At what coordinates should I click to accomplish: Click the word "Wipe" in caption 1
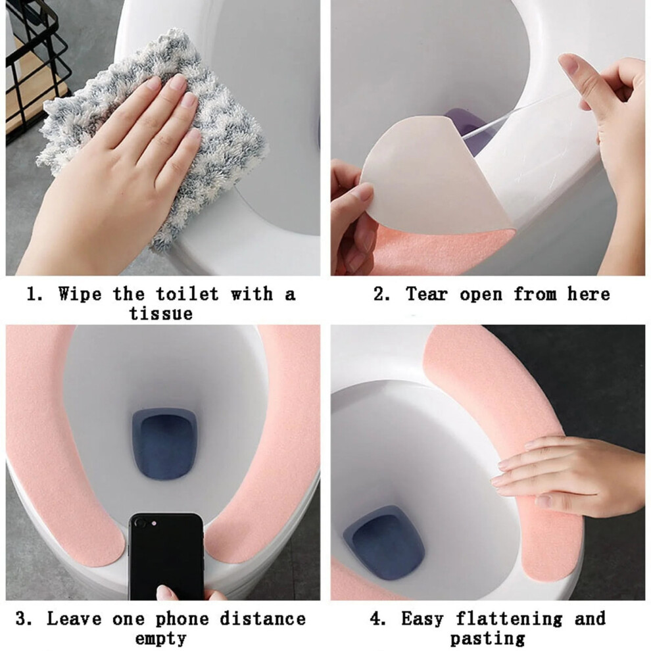(x=80, y=294)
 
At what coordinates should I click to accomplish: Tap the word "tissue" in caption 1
(x=160, y=313)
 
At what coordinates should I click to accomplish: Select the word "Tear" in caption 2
(x=427, y=294)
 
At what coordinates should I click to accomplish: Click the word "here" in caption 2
(x=589, y=294)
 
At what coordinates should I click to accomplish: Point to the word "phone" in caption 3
(x=182, y=619)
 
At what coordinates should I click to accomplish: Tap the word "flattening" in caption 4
(x=508, y=619)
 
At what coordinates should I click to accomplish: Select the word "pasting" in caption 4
(x=487, y=638)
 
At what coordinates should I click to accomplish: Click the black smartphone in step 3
(x=166, y=556)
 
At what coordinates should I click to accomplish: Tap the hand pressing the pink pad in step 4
(x=569, y=477)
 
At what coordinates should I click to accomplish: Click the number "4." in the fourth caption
(x=378, y=619)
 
